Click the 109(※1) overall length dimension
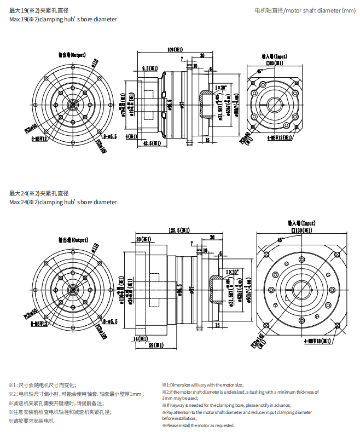pyautogui.click(x=175, y=49)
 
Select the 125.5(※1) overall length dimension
pyautogui.click(x=179, y=230)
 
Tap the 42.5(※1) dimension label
pyautogui.click(x=144, y=143)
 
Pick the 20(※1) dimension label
pyautogui.click(x=143, y=239)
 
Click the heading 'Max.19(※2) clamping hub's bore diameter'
pyautogui.click(x=63, y=19)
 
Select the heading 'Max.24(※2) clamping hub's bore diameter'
pyautogui.click(x=63, y=202)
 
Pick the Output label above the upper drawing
pyautogui.click(x=73, y=55)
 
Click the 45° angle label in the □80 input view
pyautogui.click(x=259, y=71)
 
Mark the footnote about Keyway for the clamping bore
pyautogui.click(x=226, y=405)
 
